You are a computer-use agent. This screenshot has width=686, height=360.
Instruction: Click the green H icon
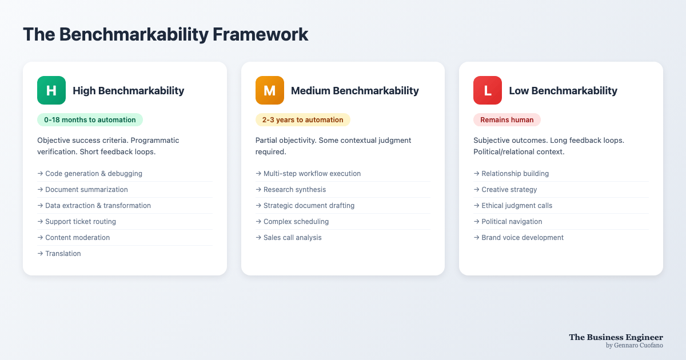coord(51,90)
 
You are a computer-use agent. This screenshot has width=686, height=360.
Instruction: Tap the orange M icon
coord(270,90)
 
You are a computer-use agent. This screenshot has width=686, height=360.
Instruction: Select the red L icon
coord(488,90)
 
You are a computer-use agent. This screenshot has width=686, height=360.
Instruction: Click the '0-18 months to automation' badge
coord(90,119)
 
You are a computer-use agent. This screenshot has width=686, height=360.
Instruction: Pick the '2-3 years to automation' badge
coord(303,119)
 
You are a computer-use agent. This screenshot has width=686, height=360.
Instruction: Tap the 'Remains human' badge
coord(507,119)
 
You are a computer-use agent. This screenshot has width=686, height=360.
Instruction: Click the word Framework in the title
coord(260,34)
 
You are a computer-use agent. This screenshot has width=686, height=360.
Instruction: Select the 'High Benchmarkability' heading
coord(128,91)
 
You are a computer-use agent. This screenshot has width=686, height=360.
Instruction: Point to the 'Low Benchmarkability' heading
coord(563,91)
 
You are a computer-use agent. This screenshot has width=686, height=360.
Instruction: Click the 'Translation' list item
coord(63,254)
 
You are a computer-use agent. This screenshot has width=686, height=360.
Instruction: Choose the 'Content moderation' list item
coord(78,238)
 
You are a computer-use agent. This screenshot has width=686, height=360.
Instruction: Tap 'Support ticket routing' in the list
coord(81,222)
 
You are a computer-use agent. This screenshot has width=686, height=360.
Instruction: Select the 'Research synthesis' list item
coord(294,190)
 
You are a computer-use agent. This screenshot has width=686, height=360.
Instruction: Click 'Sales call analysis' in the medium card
coord(293,238)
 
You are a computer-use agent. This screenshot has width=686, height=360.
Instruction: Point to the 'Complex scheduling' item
coord(296,222)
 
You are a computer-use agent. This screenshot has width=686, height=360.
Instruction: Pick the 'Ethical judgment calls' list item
coord(517,206)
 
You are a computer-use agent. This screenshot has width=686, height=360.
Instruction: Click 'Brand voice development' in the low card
coord(523,238)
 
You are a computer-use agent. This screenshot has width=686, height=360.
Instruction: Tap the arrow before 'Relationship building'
coord(476,174)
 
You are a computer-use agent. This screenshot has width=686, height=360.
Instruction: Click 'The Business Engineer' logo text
coord(616,337)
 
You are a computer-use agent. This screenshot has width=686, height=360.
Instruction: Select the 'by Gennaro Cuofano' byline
coord(635,345)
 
